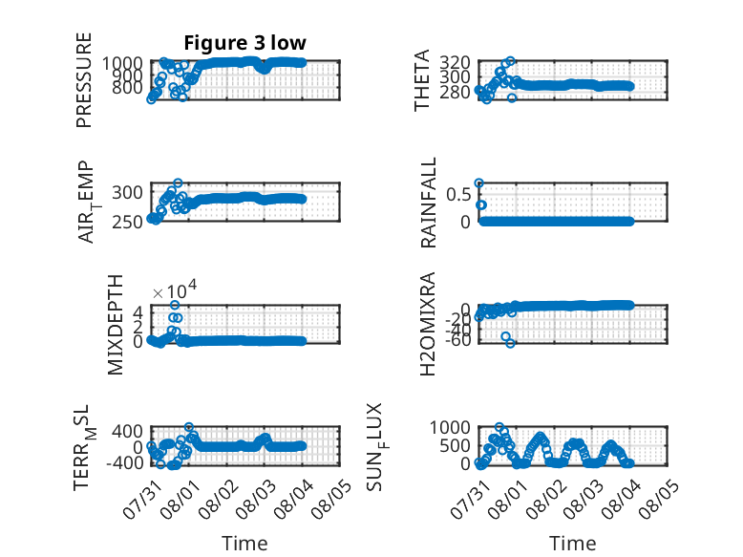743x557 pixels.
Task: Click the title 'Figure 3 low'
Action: coord(245,43)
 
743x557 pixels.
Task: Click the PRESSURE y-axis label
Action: coord(83,80)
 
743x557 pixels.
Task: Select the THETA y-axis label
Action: coord(421,80)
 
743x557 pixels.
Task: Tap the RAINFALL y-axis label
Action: coord(428,203)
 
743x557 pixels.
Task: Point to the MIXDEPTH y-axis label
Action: coord(116,325)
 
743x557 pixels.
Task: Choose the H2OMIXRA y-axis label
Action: coord(428,324)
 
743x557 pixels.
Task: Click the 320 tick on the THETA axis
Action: coord(455,62)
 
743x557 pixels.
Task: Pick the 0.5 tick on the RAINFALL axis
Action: coord(458,194)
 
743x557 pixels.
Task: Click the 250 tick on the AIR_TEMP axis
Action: coord(127,222)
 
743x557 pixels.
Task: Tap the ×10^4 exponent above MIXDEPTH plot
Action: coord(175,289)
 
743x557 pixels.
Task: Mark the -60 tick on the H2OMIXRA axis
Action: coord(458,340)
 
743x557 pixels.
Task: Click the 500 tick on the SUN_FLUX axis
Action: coord(455,445)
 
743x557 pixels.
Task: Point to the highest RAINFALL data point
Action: coord(479,183)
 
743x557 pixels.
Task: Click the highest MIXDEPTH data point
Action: coord(175,305)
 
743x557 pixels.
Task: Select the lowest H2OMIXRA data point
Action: coord(510,343)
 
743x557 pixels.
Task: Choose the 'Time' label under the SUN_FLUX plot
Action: coord(572,544)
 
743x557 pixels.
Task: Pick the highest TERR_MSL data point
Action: coord(188,427)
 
